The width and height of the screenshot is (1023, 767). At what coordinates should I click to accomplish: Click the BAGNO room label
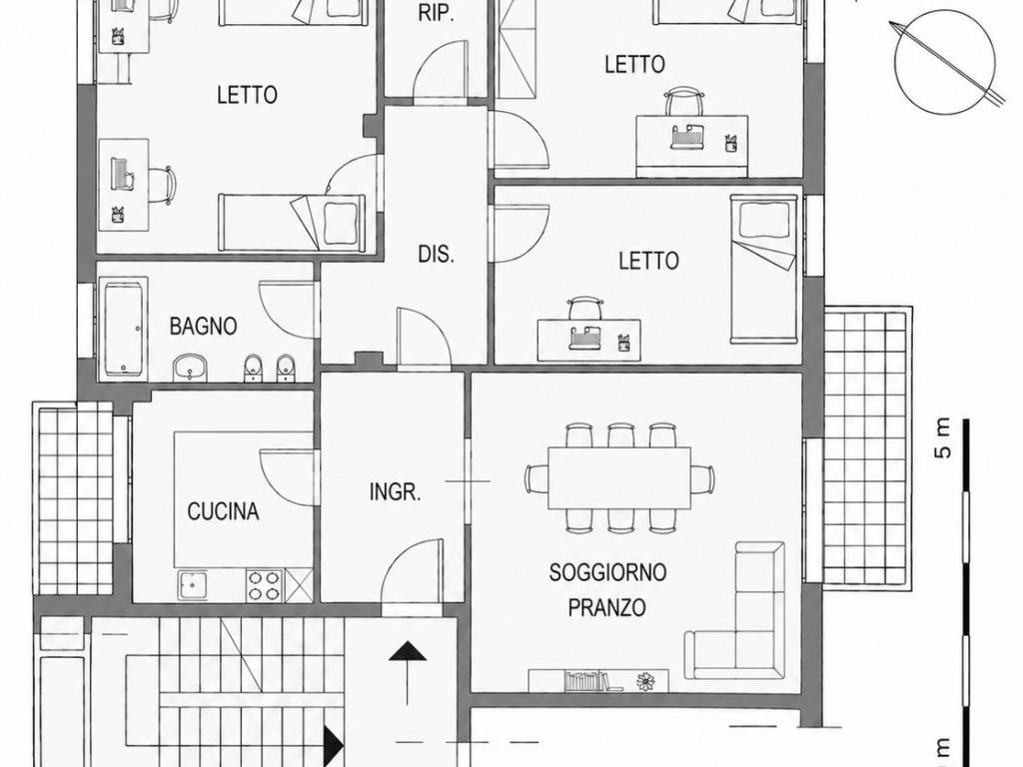coord(203,326)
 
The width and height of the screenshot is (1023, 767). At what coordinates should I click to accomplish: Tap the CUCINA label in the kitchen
coord(223,511)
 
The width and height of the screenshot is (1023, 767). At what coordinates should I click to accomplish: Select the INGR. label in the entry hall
coord(396,491)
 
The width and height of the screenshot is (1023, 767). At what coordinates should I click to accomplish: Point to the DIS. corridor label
coord(436,255)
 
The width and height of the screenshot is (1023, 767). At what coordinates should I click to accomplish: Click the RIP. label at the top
coord(436,14)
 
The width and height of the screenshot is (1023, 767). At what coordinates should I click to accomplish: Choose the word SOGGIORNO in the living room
coord(607,572)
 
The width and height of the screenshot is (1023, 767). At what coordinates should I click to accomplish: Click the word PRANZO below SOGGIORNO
coord(607,607)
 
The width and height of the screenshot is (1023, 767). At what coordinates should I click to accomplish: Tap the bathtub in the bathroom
coord(123,329)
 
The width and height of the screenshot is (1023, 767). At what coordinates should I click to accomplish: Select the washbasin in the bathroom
coord(190,368)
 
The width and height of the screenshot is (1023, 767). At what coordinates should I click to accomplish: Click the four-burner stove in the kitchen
coord(264,585)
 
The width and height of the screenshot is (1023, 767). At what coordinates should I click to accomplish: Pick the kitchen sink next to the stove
coord(193,585)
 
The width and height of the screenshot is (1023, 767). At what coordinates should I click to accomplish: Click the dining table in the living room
coord(619,478)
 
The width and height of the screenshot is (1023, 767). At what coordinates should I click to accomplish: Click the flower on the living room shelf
coord(646,681)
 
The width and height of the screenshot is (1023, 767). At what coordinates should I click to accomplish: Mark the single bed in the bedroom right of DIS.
coord(763,269)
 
